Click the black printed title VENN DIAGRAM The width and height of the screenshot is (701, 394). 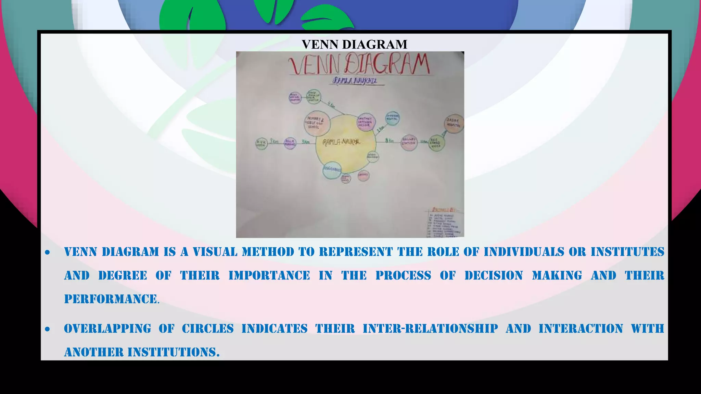coord(354,44)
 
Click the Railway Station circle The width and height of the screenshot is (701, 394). coord(409,142)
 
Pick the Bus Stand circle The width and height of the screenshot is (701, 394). coord(436,143)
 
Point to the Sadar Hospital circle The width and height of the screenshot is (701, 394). coord(454,123)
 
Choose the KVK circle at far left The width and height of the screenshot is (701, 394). coord(262,144)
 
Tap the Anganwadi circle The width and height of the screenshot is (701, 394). coord(332,170)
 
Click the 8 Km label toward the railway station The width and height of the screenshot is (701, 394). coord(389,140)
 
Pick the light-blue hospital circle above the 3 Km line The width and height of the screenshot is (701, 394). coord(392,118)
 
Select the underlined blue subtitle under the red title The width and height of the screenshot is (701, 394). coord(355,81)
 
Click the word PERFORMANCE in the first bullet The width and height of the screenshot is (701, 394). coord(111,299)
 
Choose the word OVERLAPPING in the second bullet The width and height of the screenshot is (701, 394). coord(107,329)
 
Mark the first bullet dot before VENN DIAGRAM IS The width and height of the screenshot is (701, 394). coord(48,253)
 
